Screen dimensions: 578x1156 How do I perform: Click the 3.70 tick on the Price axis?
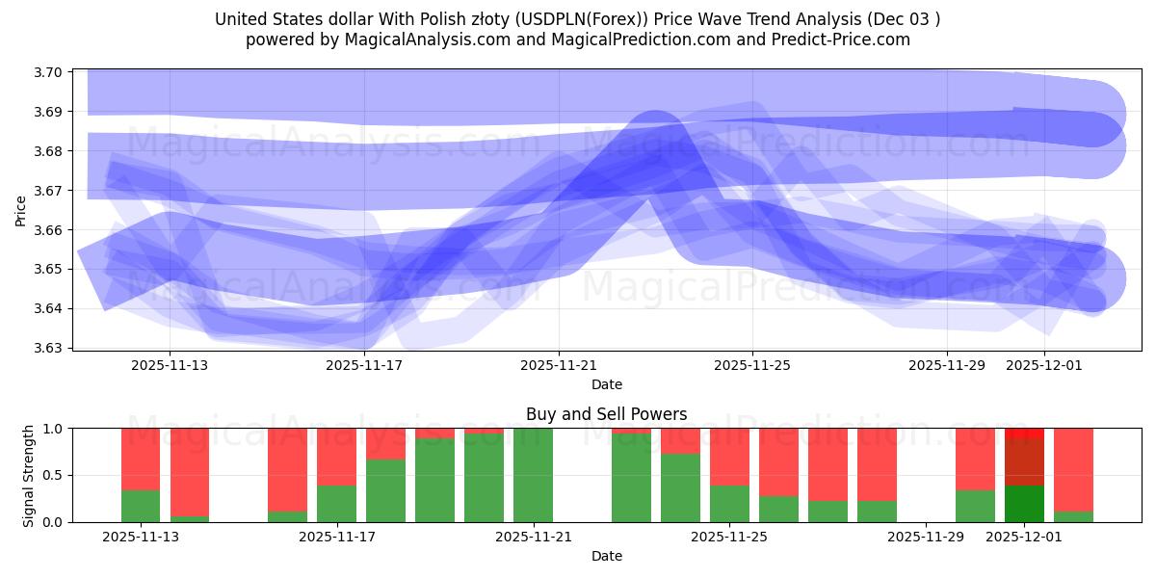click(49, 73)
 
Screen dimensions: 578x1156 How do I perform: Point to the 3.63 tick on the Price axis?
click(49, 348)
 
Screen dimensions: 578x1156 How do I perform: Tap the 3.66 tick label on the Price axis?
click(49, 230)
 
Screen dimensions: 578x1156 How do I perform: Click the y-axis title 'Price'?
click(21, 210)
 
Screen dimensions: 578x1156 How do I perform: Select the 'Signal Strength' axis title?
click(29, 475)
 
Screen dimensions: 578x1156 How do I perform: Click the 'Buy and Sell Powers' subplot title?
click(606, 414)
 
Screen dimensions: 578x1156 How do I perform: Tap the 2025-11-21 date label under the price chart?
click(559, 365)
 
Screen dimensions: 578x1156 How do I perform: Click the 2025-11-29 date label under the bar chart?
click(926, 537)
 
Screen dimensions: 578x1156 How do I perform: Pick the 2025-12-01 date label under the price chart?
click(1045, 365)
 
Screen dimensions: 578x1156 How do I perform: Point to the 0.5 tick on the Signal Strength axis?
click(54, 475)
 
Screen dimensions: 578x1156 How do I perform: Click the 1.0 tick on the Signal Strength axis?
click(54, 429)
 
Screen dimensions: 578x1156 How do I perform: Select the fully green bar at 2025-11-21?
click(533, 475)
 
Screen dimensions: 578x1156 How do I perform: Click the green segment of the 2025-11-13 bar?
click(141, 507)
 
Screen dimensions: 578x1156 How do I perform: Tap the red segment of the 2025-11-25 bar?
click(729, 457)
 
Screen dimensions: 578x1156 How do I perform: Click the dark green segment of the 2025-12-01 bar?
click(1024, 504)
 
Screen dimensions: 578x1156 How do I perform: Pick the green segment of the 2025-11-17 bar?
click(336, 504)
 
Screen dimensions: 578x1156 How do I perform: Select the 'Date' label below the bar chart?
click(606, 556)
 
